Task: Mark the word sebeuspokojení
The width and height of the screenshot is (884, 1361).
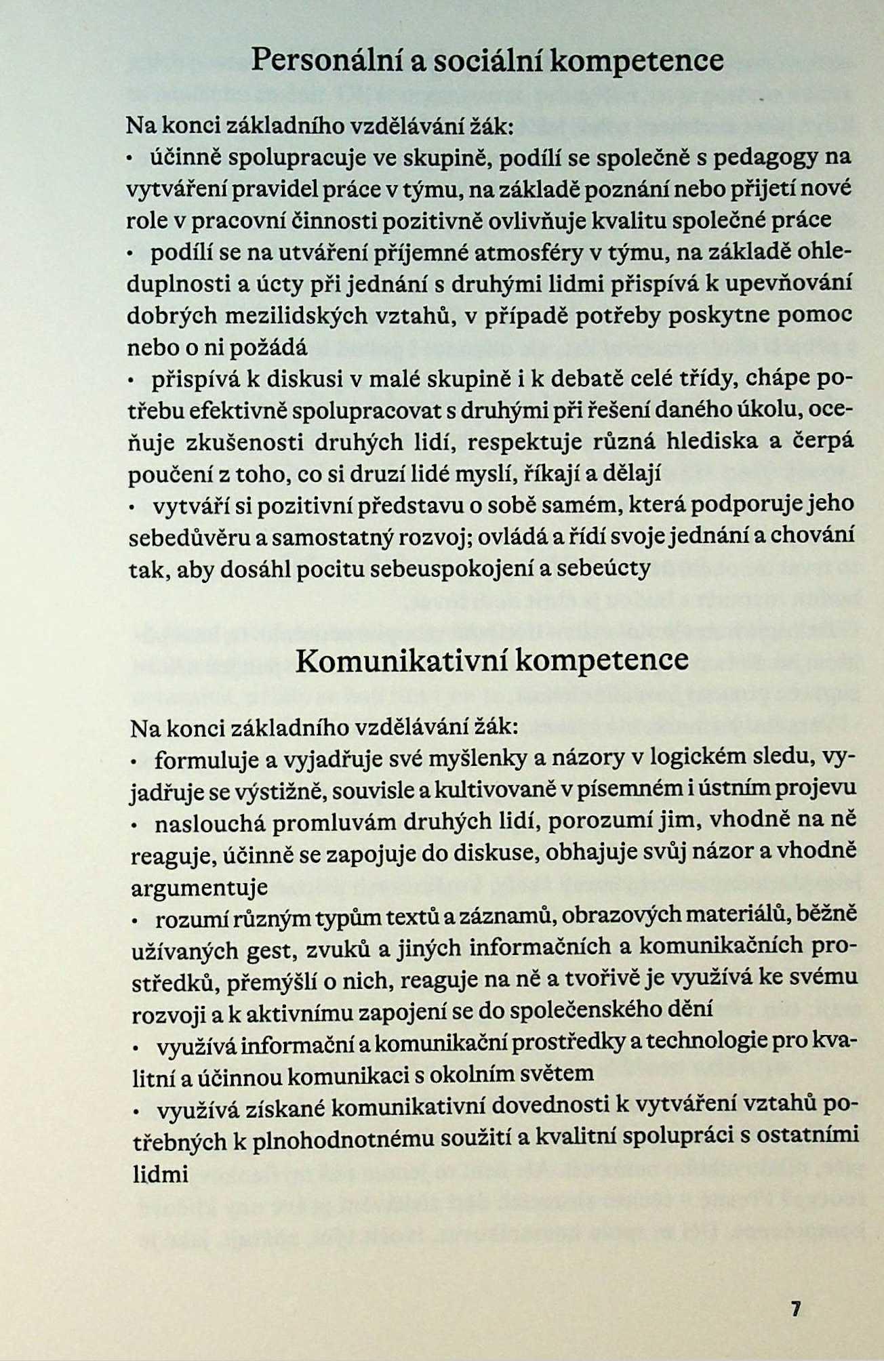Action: click(x=447, y=569)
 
